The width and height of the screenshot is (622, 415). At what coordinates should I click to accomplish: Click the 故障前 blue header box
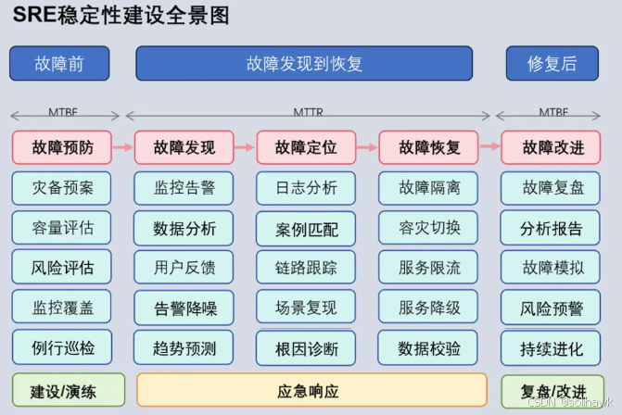[x=59, y=64]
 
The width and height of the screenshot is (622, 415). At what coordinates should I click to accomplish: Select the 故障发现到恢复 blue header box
[x=304, y=64]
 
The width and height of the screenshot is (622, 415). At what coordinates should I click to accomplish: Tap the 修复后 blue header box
[x=552, y=64]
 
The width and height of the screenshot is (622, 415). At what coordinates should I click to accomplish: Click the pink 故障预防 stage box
[x=61, y=147]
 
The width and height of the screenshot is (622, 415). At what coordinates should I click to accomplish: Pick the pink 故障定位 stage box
[x=307, y=147]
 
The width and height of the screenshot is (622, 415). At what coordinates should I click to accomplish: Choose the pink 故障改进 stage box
[x=552, y=147]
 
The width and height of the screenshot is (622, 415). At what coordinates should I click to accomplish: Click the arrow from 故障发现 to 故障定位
[x=245, y=147]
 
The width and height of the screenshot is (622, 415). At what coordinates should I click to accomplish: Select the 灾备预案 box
[x=61, y=188]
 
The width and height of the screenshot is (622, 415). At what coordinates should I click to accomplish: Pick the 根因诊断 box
[x=307, y=348]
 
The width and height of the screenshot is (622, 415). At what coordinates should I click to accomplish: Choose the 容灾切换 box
[x=429, y=227]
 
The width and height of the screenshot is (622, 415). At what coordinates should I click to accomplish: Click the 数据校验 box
[x=429, y=348]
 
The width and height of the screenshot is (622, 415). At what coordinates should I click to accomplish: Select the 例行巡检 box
[x=61, y=348]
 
